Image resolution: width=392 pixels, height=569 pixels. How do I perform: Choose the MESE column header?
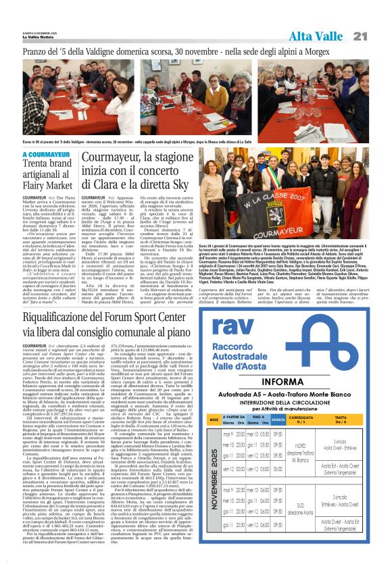(x=213, y=420)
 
